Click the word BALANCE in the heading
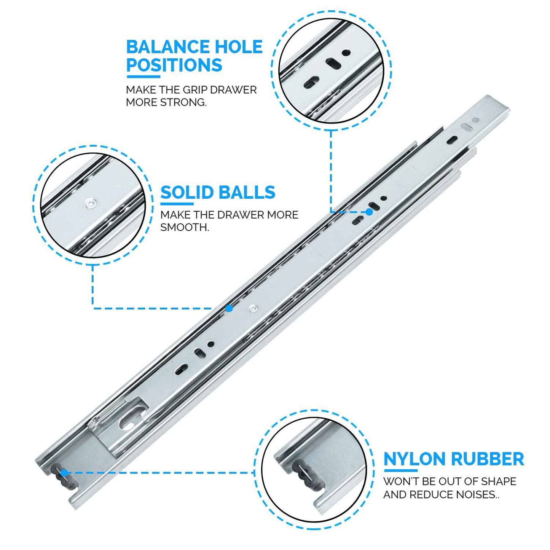click(x=168, y=47)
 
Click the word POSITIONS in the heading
click(x=174, y=65)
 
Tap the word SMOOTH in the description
click(x=184, y=228)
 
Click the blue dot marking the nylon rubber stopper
click(x=64, y=473)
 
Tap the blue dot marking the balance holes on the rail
click(x=369, y=212)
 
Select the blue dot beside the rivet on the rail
click(x=229, y=308)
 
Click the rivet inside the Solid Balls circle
click(x=90, y=204)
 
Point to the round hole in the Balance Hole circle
click(x=346, y=53)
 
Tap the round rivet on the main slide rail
click(x=252, y=309)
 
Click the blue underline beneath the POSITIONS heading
click(x=143, y=76)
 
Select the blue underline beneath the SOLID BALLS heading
click(x=177, y=204)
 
